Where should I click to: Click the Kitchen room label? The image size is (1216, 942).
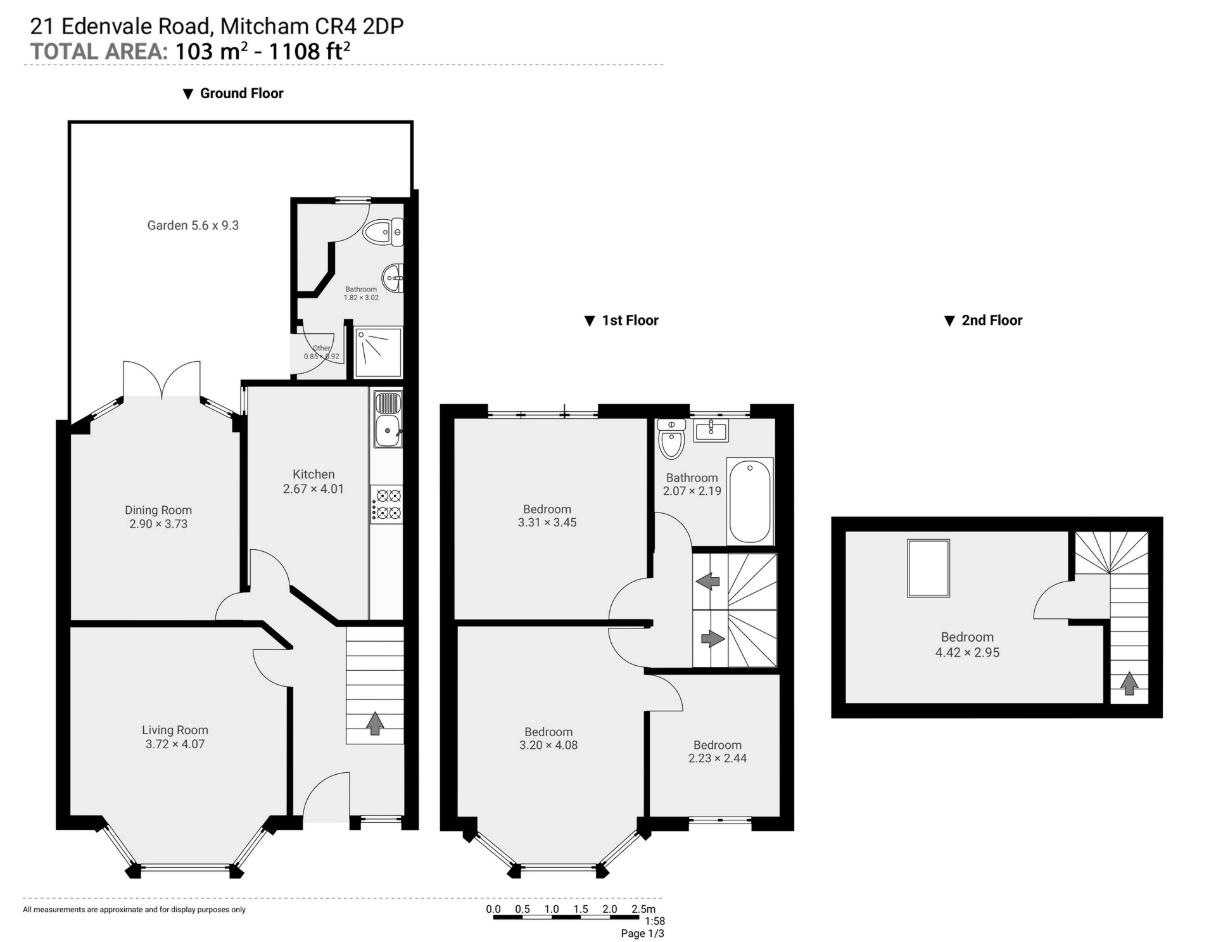313,474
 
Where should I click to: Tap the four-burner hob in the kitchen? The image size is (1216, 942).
387,504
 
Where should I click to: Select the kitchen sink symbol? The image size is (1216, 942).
387,430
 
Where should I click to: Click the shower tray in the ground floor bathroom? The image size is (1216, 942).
378,352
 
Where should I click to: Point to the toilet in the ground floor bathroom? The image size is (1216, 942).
383,232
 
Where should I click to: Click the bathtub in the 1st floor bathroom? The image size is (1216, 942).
750,501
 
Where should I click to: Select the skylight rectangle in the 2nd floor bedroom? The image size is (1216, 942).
928,568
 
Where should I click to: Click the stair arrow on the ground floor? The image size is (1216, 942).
375,723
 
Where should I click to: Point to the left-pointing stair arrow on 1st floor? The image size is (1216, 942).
707,580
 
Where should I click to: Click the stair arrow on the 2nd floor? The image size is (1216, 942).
1129,684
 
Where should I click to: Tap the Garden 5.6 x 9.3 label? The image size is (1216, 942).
193,226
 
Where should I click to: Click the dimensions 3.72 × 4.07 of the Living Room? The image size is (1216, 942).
175,744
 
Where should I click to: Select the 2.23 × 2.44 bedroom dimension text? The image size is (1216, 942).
717,758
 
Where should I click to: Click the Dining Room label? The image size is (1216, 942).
158,510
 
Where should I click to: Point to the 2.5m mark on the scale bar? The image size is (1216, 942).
643,910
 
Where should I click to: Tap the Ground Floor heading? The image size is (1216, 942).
241,94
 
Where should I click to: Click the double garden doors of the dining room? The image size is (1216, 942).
162,380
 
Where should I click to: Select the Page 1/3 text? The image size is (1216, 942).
642,933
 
